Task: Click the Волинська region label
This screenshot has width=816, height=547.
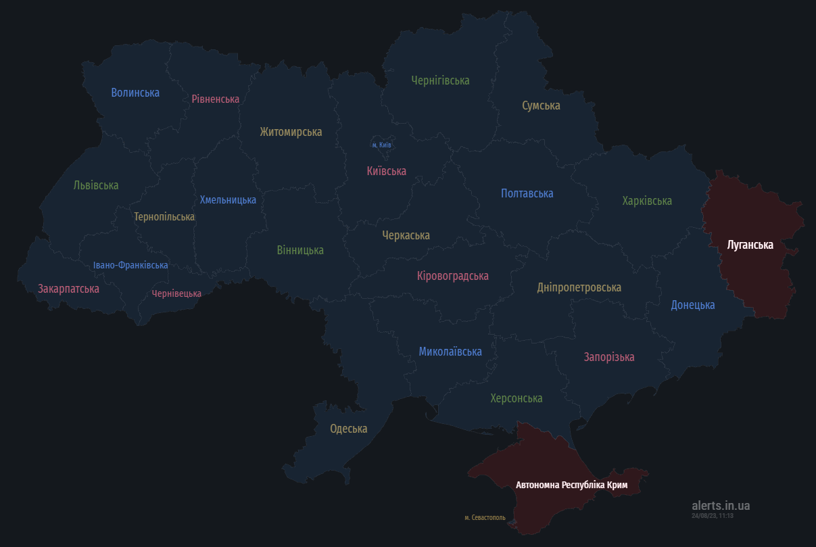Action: tap(135, 93)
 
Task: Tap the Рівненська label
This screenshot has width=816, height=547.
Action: tap(215, 99)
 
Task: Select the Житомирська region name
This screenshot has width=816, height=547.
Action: tap(291, 132)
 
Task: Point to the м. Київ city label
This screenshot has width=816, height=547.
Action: tap(381, 145)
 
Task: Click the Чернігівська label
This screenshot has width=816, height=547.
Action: tap(440, 80)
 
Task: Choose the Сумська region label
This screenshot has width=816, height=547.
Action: tap(541, 105)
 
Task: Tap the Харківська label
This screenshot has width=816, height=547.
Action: tap(647, 201)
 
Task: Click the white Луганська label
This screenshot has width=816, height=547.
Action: tap(750, 245)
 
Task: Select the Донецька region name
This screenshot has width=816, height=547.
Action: tap(692, 305)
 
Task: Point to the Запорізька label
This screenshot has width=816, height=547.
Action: tap(609, 357)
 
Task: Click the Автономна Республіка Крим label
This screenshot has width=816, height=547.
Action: tap(572, 485)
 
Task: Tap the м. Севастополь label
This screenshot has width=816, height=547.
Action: tap(485, 517)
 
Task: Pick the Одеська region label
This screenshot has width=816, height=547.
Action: tap(349, 429)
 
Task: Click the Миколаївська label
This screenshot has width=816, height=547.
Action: tap(450, 352)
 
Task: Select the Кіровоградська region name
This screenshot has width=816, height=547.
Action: tap(452, 276)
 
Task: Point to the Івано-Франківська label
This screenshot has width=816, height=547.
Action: tap(130, 265)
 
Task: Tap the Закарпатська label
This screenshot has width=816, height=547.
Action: tap(68, 289)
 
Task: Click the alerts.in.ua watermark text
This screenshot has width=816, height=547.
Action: tap(721, 505)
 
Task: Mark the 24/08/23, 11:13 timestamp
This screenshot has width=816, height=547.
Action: tap(712, 516)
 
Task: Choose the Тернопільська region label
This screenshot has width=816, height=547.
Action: tap(164, 217)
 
